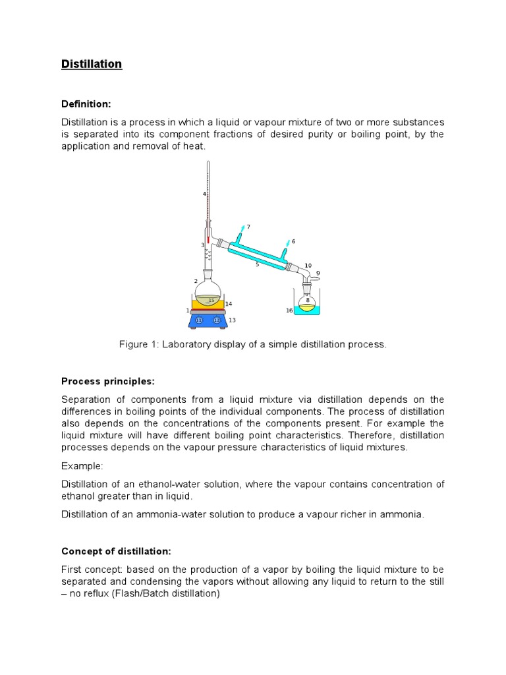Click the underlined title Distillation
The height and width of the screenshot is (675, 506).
92,64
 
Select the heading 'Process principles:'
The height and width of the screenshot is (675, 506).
108,381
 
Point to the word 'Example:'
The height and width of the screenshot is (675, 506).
82,466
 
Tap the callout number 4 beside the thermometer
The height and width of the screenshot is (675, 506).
204,194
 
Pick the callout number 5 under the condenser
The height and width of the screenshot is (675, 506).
257,265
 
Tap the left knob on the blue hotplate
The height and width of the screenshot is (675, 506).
199,320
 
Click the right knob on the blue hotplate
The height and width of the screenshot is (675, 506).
216,320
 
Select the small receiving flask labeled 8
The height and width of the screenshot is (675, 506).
307,303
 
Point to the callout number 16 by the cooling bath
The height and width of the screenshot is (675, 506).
289,310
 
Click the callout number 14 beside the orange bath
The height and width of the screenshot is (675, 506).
229,304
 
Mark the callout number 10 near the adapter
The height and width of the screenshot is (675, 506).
308,266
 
